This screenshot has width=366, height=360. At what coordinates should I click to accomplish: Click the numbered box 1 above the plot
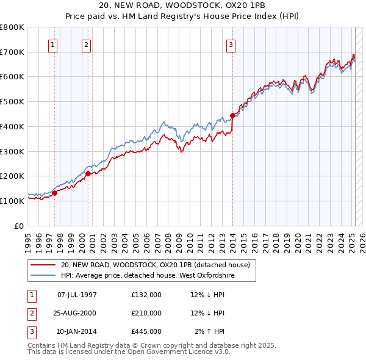coord(53,44)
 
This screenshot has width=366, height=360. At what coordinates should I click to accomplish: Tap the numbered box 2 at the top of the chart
coord(87,44)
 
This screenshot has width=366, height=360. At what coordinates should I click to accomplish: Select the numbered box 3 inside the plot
coord(231,44)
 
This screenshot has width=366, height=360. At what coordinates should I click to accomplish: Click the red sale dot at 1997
coord(54,193)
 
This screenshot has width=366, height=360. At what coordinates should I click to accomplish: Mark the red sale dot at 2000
coord(88,173)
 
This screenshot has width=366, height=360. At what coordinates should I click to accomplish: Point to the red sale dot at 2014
coord(232,115)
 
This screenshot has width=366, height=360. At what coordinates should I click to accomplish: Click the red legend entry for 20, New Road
coord(155,265)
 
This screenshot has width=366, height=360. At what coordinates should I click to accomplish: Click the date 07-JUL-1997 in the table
coord(77,295)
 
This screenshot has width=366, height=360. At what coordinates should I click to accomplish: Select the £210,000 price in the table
coord(146,313)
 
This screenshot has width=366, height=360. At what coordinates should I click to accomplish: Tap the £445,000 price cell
coord(146,331)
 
